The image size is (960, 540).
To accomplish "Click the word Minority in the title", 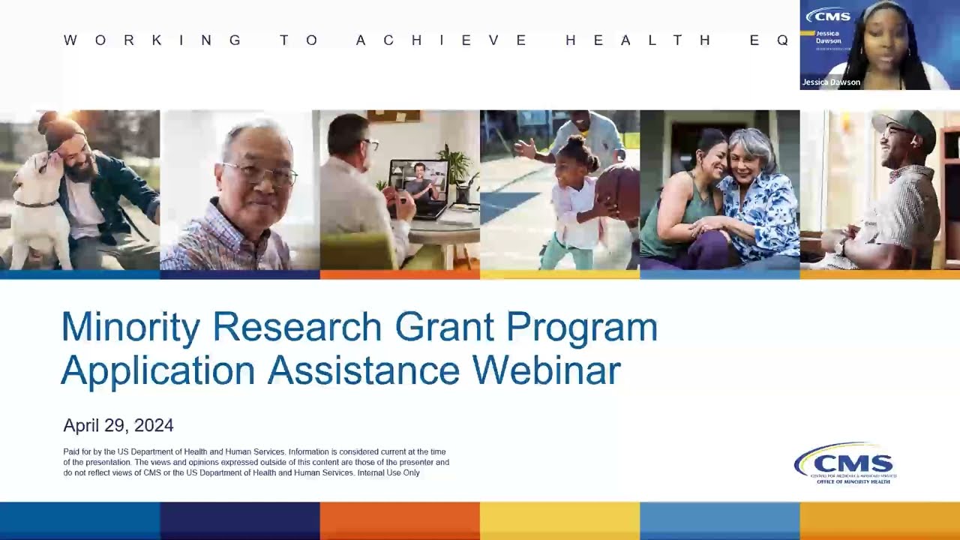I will pos(130,328).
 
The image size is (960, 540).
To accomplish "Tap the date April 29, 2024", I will pos(118,426).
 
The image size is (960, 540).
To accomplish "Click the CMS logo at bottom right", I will pos(844,463).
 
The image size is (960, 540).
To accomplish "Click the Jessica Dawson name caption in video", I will pos(831,82).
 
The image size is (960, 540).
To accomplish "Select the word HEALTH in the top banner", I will pos(638,40).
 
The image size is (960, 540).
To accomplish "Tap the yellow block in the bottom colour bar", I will pos(559,520).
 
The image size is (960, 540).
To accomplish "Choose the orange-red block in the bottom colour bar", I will pos(400,520).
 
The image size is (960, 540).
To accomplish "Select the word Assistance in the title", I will pos(363,370).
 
